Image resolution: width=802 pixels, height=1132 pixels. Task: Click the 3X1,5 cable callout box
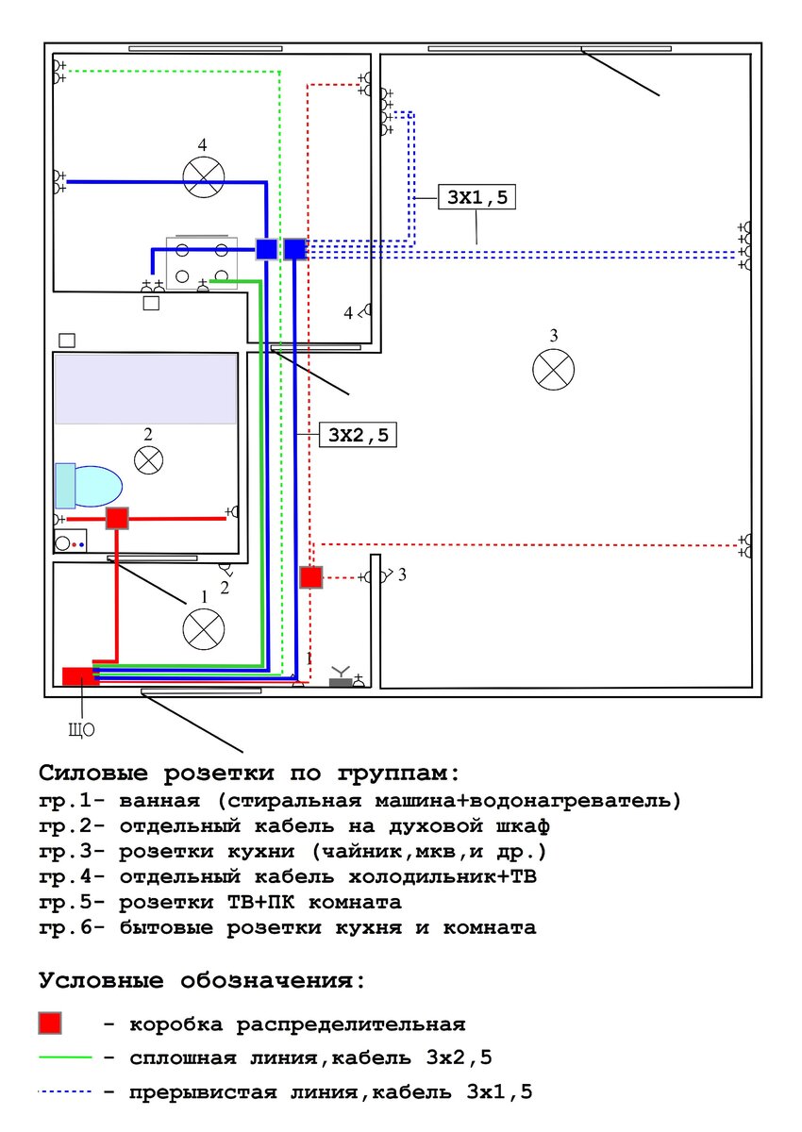[476, 196]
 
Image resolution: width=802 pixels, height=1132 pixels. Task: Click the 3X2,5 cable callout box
[358, 435]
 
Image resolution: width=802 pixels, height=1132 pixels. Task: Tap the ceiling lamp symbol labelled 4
[203, 177]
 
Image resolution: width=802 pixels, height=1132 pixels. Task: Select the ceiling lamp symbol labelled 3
[553, 370]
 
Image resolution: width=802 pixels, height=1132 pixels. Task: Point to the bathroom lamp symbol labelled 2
[148, 460]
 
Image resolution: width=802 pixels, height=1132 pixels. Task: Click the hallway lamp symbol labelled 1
[203, 629]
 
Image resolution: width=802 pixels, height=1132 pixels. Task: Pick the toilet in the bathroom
[89, 486]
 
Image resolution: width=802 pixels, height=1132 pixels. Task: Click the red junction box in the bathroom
[117, 519]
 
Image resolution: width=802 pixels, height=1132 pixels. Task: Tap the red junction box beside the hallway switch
[310, 577]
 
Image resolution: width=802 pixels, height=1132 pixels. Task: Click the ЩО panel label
[81, 729]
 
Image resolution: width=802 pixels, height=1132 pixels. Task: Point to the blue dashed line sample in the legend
[66, 1091]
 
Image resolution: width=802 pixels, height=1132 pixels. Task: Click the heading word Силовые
[93, 773]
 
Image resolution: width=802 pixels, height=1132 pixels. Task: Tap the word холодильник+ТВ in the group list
[443, 876]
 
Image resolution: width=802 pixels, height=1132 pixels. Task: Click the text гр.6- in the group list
[72, 928]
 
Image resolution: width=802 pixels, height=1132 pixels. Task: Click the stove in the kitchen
[202, 263]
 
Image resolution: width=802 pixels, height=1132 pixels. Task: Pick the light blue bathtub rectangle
[146, 389]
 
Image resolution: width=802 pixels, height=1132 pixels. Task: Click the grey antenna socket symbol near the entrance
[341, 677]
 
